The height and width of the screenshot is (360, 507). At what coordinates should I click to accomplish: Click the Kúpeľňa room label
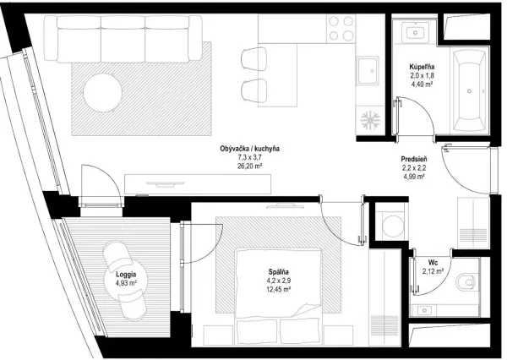[422, 67]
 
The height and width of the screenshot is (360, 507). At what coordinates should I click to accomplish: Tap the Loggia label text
[126, 275]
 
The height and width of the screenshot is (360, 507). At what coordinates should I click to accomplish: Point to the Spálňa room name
[278, 272]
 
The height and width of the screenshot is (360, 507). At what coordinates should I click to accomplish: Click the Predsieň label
[414, 159]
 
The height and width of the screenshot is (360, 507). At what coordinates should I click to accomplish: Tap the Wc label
[433, 262]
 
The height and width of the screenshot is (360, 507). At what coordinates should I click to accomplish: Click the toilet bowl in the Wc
[466, 282]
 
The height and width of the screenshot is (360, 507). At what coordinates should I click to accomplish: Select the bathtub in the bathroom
[470, 91]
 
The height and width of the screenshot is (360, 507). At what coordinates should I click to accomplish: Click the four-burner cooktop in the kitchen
[341, 29]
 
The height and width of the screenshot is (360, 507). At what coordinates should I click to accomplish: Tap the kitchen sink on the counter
[368, 71]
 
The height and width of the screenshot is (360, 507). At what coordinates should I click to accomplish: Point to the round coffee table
[103, 93]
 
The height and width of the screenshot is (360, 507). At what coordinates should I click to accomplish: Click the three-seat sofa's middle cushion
[123, 39]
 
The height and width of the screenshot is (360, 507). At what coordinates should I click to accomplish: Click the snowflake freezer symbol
[370, 119]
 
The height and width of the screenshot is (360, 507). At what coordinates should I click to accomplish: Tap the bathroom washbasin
[416, 32]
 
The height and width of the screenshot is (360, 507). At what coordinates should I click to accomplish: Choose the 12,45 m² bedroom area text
[278, 290]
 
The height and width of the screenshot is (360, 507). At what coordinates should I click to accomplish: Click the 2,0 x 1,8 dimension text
[422, 76]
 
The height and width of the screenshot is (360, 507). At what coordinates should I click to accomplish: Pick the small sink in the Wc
[424, 311]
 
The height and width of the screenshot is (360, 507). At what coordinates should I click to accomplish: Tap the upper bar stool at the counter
[254, 58]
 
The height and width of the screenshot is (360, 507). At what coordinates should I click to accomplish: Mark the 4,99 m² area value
[414, 177]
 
